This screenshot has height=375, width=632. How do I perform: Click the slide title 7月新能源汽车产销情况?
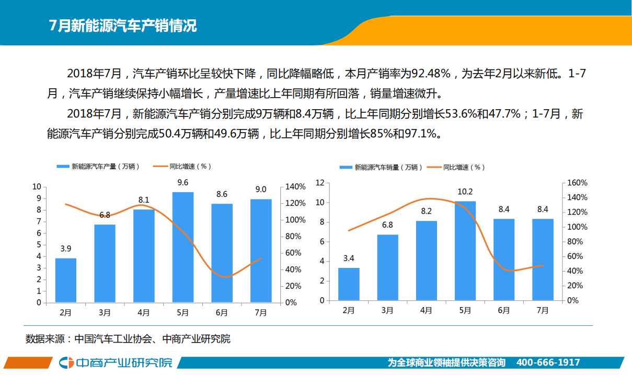coord(123,26)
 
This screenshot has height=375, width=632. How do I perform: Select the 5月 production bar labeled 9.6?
coord(182,247)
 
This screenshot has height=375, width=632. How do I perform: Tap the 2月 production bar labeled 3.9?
coord(66,280)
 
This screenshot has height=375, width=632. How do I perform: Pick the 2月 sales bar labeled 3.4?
coord(349,285)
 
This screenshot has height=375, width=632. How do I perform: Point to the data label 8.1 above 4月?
coord(144,200)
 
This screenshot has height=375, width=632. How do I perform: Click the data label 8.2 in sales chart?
coord(426,212)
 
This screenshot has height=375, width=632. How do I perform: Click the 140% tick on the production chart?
coord(295,187)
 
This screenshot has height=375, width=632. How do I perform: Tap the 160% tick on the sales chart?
coord(578,183)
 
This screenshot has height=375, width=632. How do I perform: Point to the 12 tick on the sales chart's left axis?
coord(320,183)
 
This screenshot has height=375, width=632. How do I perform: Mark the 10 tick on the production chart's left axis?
coord(37,187)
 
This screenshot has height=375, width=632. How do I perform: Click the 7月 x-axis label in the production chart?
coord(260,312)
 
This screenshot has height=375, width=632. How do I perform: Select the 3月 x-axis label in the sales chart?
coord(387,310)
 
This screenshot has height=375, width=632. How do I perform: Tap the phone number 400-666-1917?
coord(548,362)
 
